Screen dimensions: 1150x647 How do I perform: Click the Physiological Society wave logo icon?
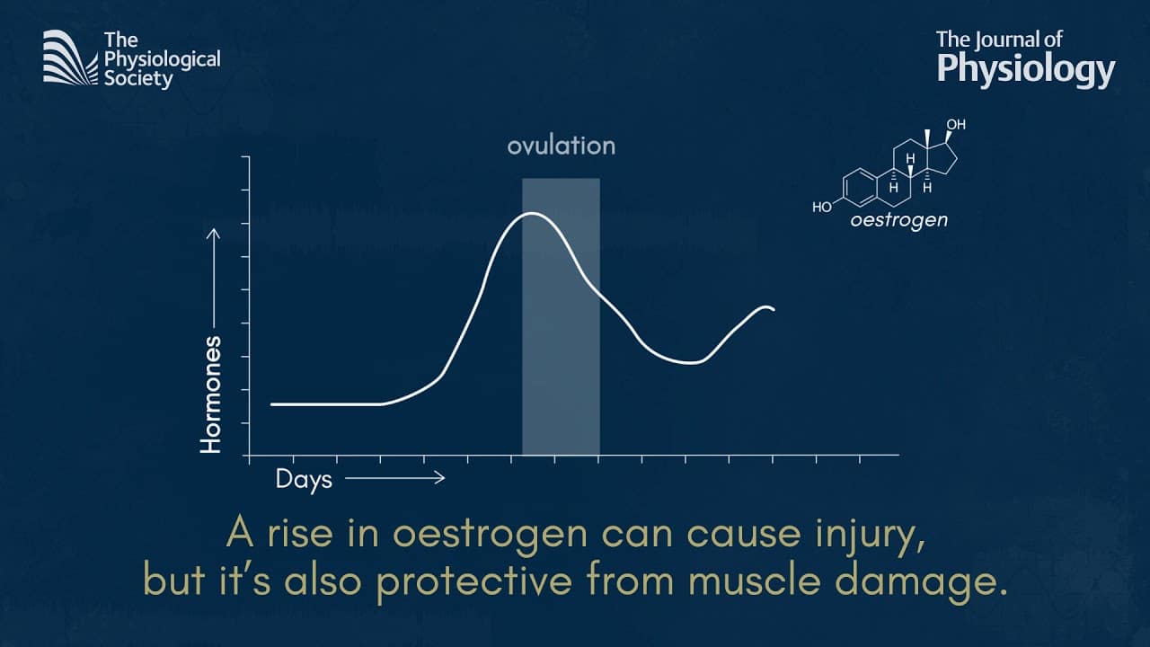70,58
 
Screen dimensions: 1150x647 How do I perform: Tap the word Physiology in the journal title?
1026,70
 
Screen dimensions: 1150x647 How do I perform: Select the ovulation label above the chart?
562,146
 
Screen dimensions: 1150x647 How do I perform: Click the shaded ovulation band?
562,317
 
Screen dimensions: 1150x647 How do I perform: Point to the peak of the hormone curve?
532,213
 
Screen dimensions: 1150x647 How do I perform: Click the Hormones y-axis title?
210,394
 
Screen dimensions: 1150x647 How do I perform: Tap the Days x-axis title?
304,480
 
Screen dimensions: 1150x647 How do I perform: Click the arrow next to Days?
394,478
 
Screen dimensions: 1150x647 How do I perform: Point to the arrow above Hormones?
213,279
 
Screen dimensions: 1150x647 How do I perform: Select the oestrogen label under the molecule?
899,221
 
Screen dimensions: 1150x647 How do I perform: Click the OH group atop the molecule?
956,124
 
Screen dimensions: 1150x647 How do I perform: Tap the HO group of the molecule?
822,207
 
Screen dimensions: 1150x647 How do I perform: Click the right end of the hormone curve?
774,310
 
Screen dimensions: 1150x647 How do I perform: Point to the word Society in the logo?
138,80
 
